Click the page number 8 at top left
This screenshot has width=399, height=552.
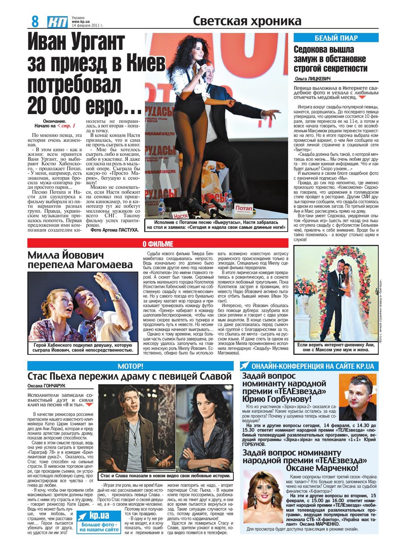(35, 21)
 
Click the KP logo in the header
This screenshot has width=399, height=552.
(58, 22)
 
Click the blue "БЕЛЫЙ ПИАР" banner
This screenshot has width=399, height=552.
(336, 38)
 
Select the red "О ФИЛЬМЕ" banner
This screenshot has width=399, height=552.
(158, 244)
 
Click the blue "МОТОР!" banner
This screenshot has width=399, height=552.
(130, 366)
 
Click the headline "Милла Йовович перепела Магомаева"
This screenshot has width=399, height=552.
(80, 260)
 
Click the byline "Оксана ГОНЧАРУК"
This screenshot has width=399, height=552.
(46, 385)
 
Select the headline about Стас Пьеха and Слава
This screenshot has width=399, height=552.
(129, 376)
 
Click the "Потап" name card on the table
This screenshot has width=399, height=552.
(244, 208)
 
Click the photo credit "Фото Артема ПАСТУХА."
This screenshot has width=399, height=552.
(114, 230)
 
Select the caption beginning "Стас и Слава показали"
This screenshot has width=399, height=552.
(166, 476)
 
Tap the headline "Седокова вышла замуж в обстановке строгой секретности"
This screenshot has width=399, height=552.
(331, 59)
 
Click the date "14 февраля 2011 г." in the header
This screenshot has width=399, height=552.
(87, 25)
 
